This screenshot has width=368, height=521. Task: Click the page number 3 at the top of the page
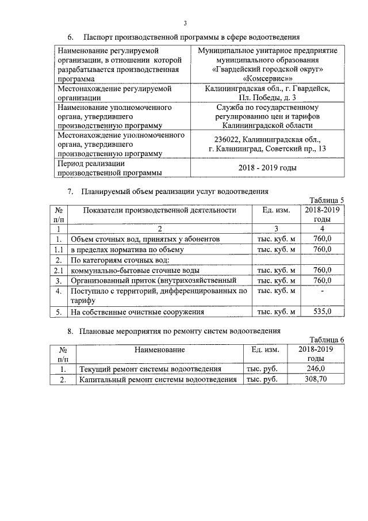185,23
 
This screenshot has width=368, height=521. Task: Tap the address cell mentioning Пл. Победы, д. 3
267,93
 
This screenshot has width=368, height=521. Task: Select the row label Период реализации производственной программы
109,168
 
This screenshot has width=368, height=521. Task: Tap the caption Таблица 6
326,339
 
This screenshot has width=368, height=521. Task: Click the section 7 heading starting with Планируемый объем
175,191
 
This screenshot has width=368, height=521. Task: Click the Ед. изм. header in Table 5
275,211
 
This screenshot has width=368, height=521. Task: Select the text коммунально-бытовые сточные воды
135,270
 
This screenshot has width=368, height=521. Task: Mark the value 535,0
323,312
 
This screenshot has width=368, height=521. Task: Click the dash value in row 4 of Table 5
323,292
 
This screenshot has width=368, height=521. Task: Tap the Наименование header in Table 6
159,349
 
